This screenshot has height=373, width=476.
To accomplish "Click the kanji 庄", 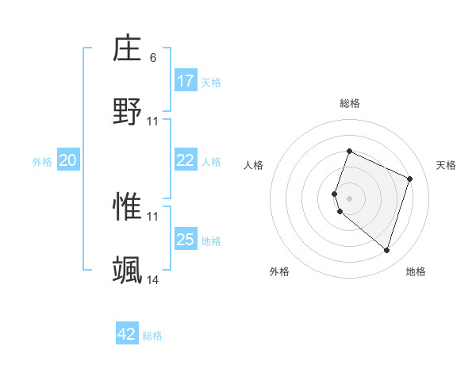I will coord(128,48).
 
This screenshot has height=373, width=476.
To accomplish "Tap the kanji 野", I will coord(128,111).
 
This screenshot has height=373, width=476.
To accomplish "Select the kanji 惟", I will coord(128,206).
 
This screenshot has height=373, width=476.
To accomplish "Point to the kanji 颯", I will coord(128,270).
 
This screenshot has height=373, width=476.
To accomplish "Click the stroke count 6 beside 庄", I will coord(153,58).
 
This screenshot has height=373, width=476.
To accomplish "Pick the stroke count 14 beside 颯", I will coord(153,279).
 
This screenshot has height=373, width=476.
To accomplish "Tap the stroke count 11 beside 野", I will coord(153,121).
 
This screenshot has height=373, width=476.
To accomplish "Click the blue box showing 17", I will coord(186,81).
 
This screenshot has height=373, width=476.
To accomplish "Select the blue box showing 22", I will coord(186,160).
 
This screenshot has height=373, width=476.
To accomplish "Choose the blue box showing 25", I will coord(186,240).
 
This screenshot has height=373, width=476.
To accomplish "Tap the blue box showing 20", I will coord(68,160).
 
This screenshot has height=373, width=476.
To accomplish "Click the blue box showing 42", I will coord(127,334).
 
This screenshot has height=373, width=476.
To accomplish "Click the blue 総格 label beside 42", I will coord(152,336).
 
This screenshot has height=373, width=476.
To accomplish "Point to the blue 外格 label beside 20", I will coord(42,161).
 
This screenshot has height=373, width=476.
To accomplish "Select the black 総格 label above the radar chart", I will coord(350,103).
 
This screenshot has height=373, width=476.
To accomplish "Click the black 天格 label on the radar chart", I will coord(446,165).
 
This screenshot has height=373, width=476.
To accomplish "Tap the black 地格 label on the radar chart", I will coord(416,271).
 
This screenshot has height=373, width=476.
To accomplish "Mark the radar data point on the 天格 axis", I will coord(410,179).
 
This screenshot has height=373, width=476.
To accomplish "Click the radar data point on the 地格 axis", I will coord(387,251).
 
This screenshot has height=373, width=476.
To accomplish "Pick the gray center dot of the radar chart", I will coord(350,198).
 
